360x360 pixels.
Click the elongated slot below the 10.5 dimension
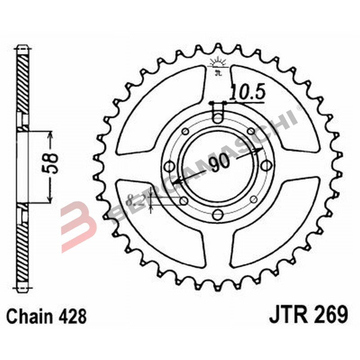coord(218,113)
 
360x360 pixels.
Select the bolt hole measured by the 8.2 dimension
coord(184,200)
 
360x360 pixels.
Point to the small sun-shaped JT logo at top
coord(217,65)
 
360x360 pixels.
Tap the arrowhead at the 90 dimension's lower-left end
coord(176,183)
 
